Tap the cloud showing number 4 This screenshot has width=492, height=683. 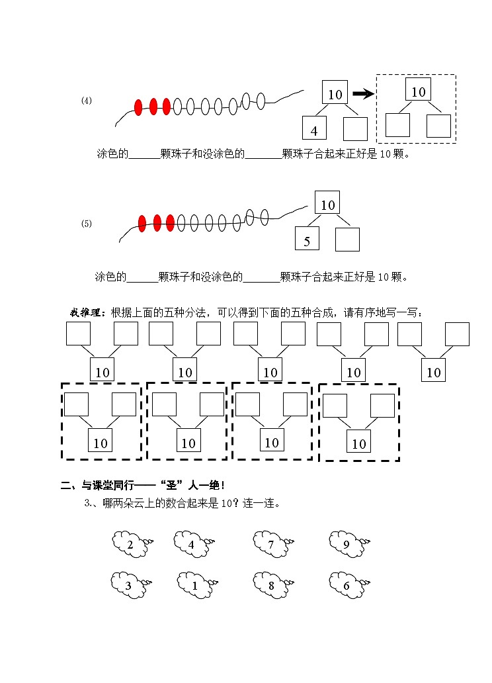pyautogui.click(x=191, y=544)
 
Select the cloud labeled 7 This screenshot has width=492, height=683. pyautogui.click(x=270, y=544)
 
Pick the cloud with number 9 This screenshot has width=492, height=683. pyautogui.click(x=346, y=544)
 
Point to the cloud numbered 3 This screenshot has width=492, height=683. pyautogui.click(x=128, y=585)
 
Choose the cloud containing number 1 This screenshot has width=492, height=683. pyautogui.click(x=194, y=585)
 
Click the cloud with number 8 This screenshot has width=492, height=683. pyautogui.click(x=270, y=585)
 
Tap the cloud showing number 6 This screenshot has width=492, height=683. pyautogui.click(x=346, y=585)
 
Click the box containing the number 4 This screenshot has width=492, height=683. pyautogui.click(x=314, y=128)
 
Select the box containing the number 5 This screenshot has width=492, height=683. pyautogui.click(x=307, y=240)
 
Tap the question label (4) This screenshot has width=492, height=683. pyautogui.click(x=87, y=101)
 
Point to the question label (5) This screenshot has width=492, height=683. pyautogui.click(x=87, y=224)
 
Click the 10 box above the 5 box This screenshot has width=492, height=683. pyautogui.click(x=328, y=204)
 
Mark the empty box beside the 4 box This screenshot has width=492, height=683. pyautogui.click(x=355, y=128)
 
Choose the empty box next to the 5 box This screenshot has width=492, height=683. pyautogui.click(x=347, y=240)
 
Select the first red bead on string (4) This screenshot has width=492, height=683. pyautogui.click(x=138, y=107)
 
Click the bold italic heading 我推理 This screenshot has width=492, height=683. pyautogui.click(x=86, y=312)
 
